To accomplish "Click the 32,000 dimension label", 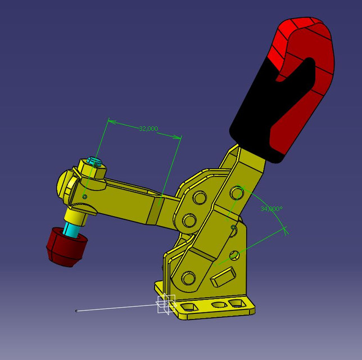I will (148, 129).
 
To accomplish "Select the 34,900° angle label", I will (271, 209).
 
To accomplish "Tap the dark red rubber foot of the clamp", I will (66, 246).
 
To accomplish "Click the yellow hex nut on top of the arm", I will (92, 169).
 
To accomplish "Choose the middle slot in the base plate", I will (217, 305).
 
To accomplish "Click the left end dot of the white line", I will (76, 310).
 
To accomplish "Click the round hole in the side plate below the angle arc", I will (234, 255).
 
